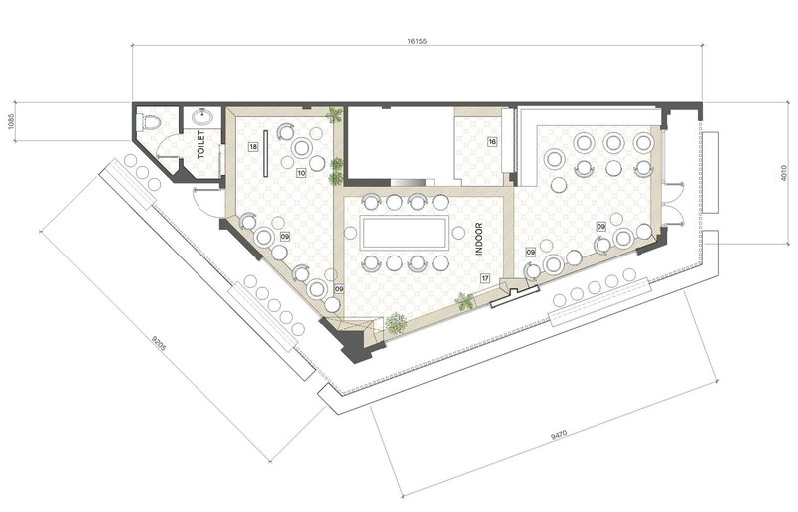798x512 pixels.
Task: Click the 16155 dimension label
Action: click(416, 41)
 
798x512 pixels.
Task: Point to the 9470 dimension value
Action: click(559, 435)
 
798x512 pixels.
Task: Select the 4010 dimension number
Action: click(784, 173)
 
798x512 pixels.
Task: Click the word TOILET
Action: click(200, 144)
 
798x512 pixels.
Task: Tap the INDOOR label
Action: click(479, 239)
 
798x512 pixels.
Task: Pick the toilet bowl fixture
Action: click(149, 121)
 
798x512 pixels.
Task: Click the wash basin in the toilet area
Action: click(203, 117)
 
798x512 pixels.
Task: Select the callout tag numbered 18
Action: click(253, 147)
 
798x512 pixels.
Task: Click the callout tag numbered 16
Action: click(492, 142)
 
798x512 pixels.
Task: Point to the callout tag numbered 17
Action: click(485, 278)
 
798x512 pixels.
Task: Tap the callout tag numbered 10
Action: click(301, 173)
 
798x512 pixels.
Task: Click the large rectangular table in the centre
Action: click(404, 233)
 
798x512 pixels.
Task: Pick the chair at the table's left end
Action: click(350, 233)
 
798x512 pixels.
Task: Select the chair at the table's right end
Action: click(458, 233)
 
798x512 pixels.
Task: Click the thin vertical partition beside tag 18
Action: click(265, 153)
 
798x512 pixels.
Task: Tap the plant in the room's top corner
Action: click(335, 115)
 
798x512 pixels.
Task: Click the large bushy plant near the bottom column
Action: click(396, 324)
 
